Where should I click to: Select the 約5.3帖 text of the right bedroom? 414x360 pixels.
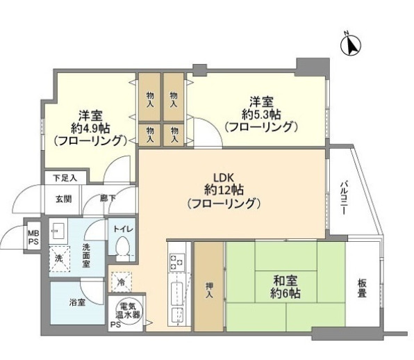click(x=261, y=113)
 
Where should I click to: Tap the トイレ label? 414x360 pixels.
click(x=124, y=229)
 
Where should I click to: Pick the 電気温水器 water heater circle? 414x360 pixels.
click(x=126, y=310)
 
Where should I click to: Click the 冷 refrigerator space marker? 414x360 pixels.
click(x=121, y=282)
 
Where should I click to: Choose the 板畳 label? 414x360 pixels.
click(x=363, y=288)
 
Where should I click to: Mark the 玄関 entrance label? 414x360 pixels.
click(x=63, y=199)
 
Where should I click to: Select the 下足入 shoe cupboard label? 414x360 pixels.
click(x=65, y=178)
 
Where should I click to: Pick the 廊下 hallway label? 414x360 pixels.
click(x=107, y=199)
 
